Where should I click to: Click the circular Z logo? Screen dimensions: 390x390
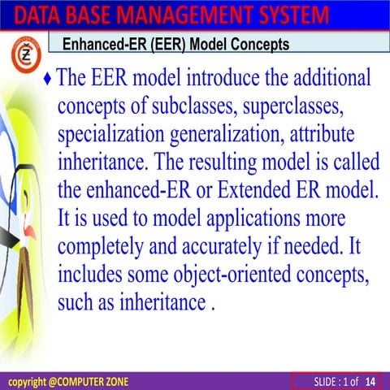[x=24, y=58]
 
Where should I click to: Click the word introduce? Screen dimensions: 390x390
[x=224, y=80]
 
